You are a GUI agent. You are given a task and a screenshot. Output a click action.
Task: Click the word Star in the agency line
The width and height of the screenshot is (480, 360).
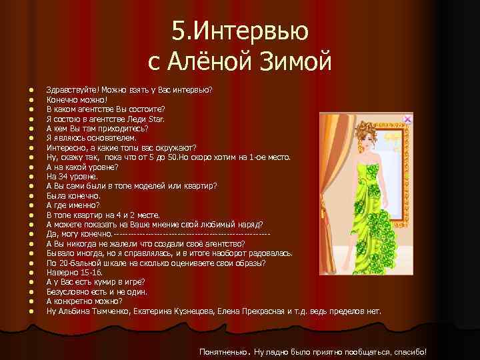(155, 118)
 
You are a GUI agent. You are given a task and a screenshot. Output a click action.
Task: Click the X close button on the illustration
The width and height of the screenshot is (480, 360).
(407, 119)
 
